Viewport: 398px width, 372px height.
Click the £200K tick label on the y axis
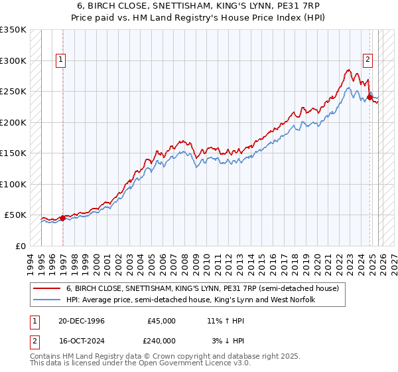(x=13, y=122)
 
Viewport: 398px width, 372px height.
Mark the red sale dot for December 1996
(x=62, y=217)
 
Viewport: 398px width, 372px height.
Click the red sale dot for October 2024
(x=369, y=98)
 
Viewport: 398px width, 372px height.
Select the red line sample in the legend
(x=48, y=289)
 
